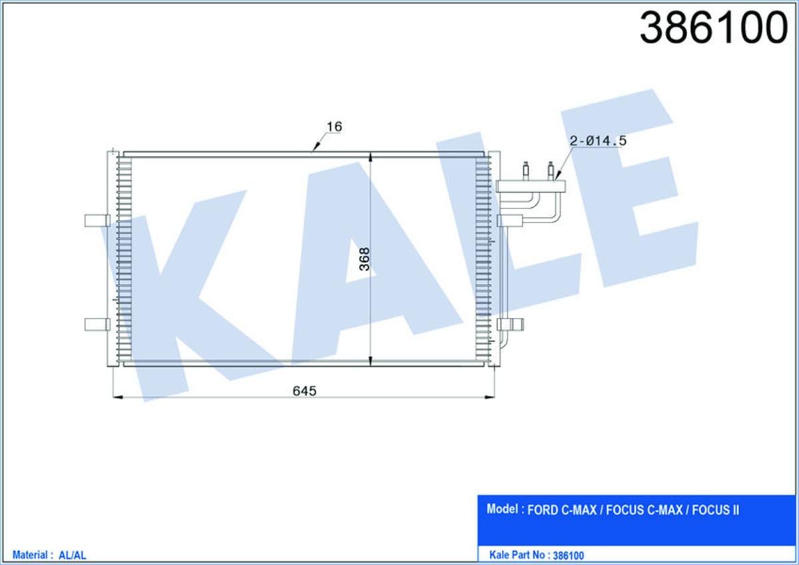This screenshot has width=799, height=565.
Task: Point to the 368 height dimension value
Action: click(364, 259)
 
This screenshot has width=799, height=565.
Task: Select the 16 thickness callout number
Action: click(334, 126)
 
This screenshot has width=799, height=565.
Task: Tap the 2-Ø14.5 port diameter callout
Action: click(599, 141)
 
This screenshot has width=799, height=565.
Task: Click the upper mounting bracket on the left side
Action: click(97, 221)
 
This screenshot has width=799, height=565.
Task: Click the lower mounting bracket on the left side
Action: click(97, 324)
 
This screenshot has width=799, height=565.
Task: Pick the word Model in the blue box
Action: click(503, 510)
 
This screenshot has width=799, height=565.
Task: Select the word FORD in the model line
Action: click(543, 511)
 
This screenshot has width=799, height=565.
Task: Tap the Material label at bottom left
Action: click(30, 554)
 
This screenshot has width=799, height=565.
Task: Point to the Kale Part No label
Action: click(519, 554)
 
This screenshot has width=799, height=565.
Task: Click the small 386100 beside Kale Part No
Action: click(568, 554)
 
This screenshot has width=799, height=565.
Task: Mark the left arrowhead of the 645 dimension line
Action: click(119, 398)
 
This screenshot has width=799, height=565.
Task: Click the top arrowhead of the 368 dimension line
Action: click(370, 158)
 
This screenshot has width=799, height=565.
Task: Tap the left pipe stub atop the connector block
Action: click(525, 169)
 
